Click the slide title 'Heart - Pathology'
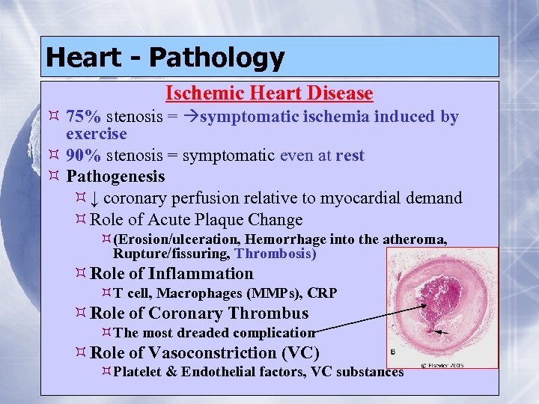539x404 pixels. tap(165, 57)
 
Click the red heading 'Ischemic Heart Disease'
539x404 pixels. tap(269, 94)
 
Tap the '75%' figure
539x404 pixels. tap(84, 117)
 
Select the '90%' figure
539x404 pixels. tap(84, 156)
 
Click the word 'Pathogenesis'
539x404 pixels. tap(115, 177)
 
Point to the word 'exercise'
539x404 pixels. tap(97, 135)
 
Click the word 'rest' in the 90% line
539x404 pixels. tap(350, 156)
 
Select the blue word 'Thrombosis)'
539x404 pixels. tap(275, 254)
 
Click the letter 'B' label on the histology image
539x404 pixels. tap(395, 352)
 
